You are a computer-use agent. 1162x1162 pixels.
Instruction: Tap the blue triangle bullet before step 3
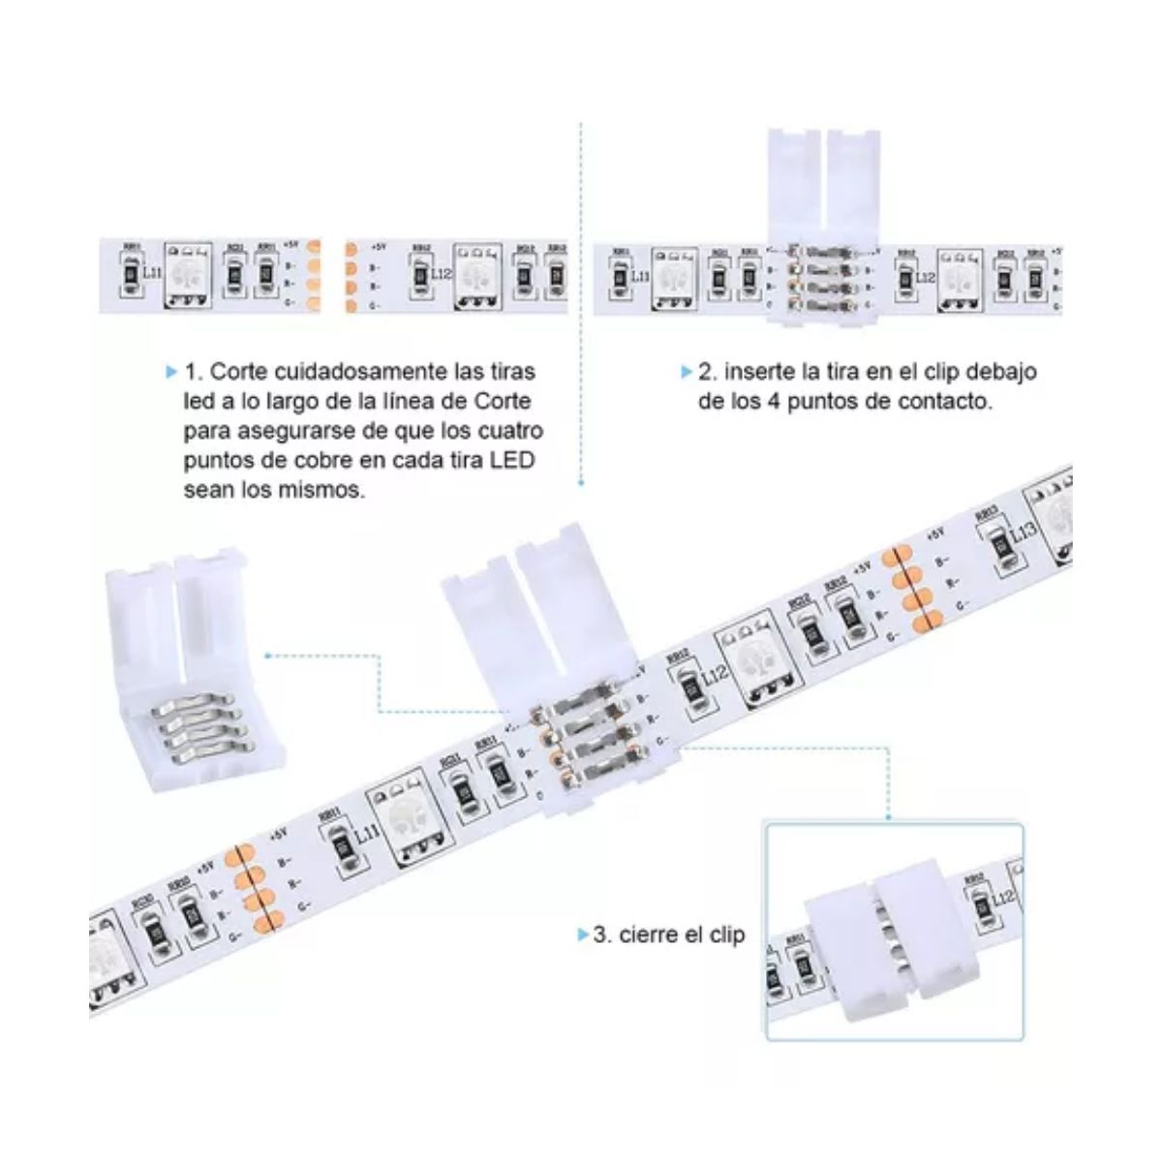point(582,934)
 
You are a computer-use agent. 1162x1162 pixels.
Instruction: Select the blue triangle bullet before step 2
point(687,372)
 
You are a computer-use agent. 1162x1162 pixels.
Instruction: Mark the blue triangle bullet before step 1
point(172,372)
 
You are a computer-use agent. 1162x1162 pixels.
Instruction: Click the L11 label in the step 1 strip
point(152,274)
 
